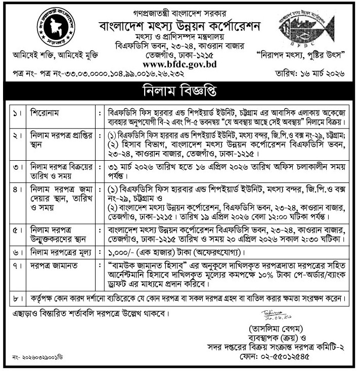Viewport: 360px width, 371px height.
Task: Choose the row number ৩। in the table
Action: (15, 166)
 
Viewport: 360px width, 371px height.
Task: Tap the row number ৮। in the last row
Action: (15, 298)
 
